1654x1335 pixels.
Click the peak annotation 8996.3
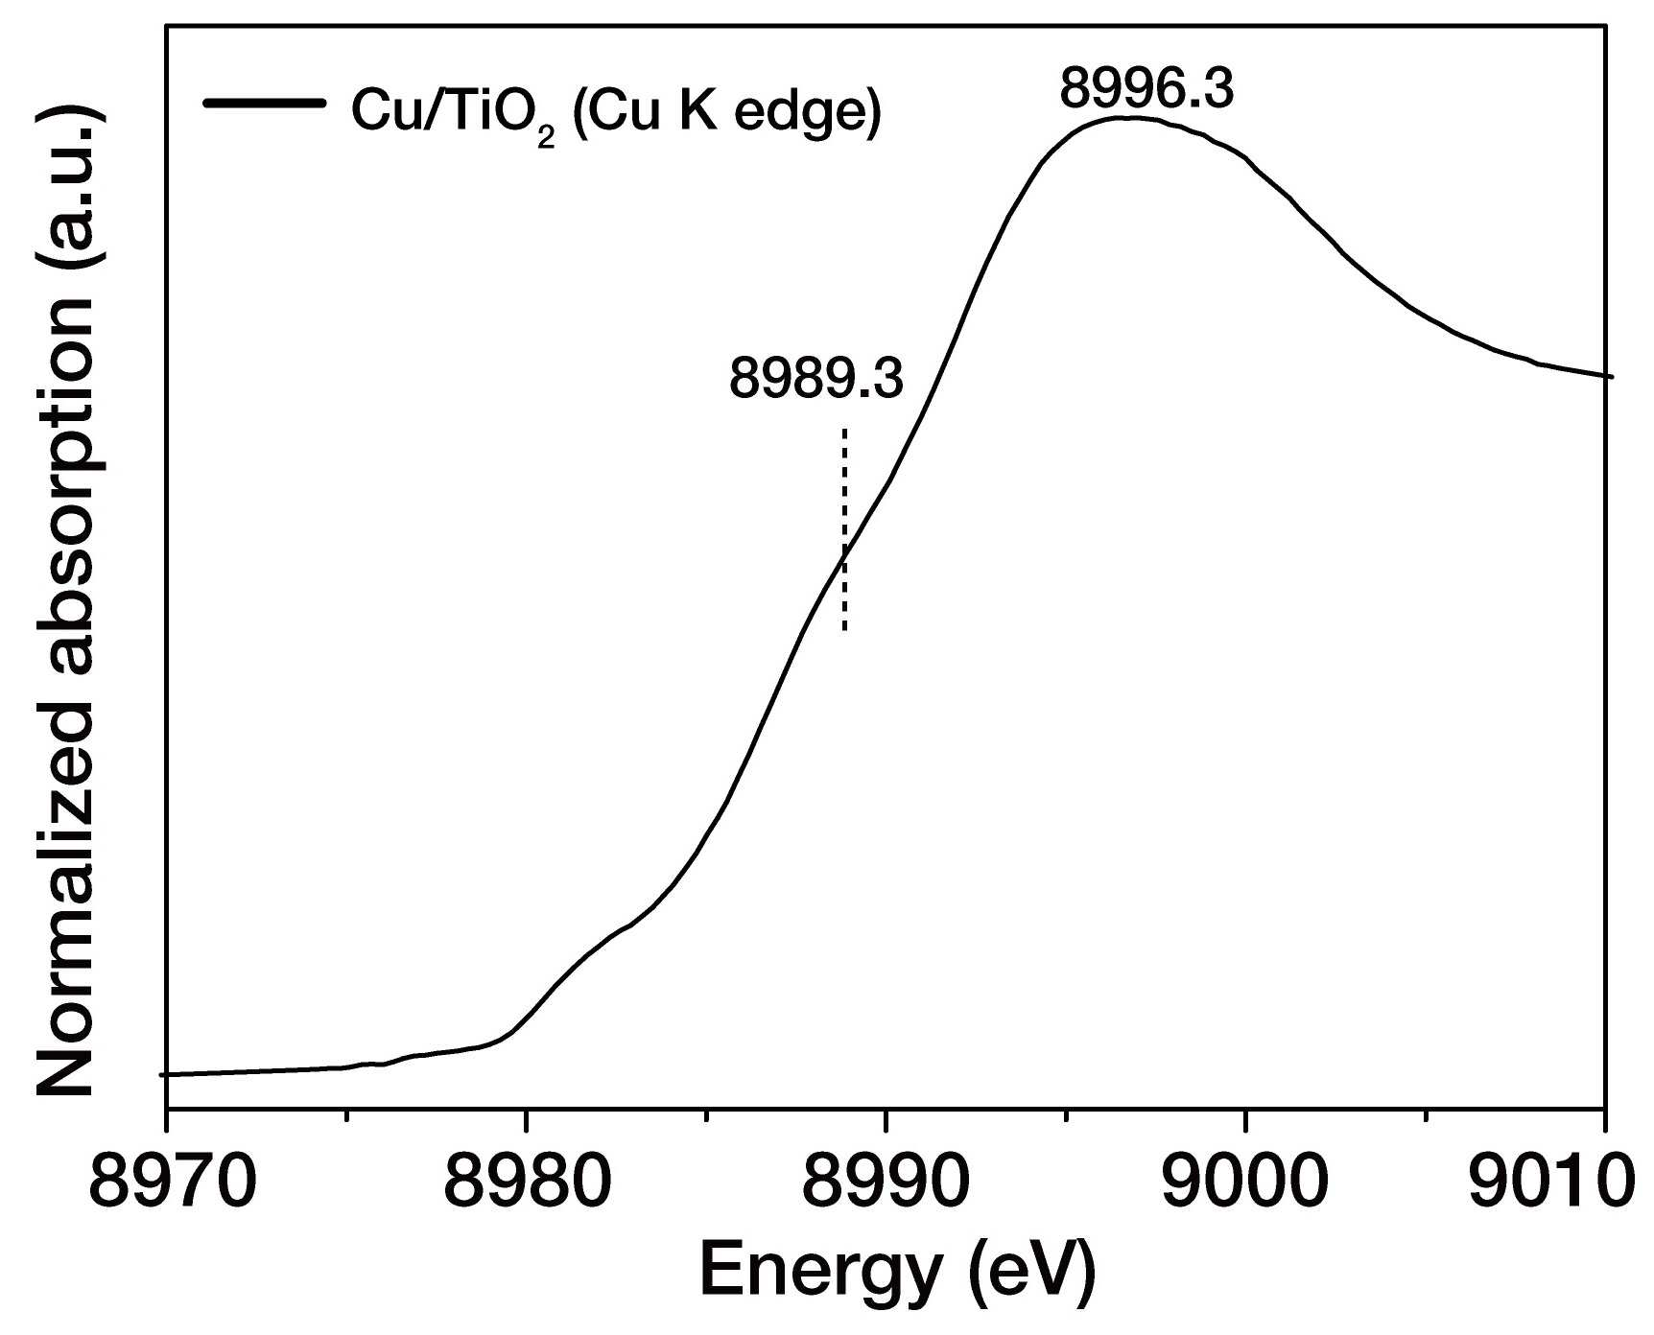coord(1147,89)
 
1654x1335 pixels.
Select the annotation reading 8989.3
coord(816,379)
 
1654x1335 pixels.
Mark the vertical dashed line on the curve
coord(844,529)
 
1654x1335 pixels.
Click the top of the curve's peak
coord(1132,118)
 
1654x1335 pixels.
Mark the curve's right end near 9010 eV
coord(1612,376)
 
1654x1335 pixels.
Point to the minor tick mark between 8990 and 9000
coord(1066,1115)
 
